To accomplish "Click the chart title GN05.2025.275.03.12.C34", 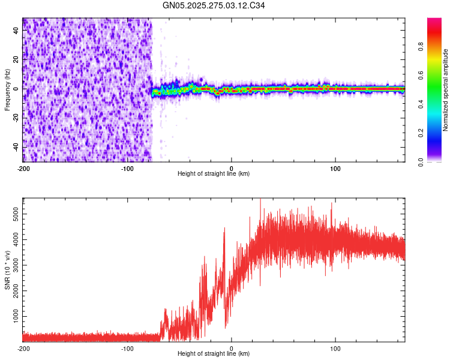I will pyautogui.click(x=214, y=5).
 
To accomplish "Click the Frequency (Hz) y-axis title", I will pyautogui.click(x=8, y=89).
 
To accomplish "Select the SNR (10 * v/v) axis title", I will pyautogui.click(x=8, y=269).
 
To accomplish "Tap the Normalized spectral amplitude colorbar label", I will pyautogui.click(x=446, y=90).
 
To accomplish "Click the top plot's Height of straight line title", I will pyautogui.click(x=214, y=174).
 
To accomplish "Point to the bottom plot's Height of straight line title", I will pyautogui.click(x=214, y=354).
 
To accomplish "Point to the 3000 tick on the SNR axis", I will pyautogui.click(x=13, y=264).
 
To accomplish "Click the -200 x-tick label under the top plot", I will pyautogui.click(x=23, y=168).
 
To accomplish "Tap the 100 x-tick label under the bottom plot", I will pyautogui.click(x=336, y=348).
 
